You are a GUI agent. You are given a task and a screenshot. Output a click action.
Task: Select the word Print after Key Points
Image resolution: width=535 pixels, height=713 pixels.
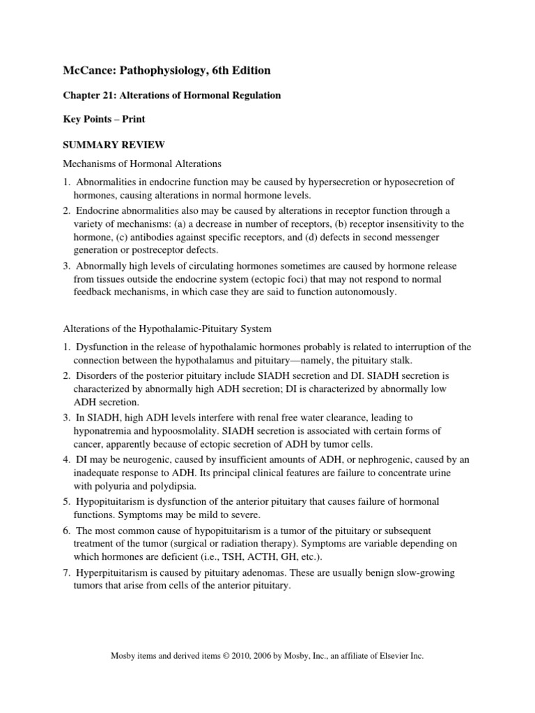click(x=132, y=120)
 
